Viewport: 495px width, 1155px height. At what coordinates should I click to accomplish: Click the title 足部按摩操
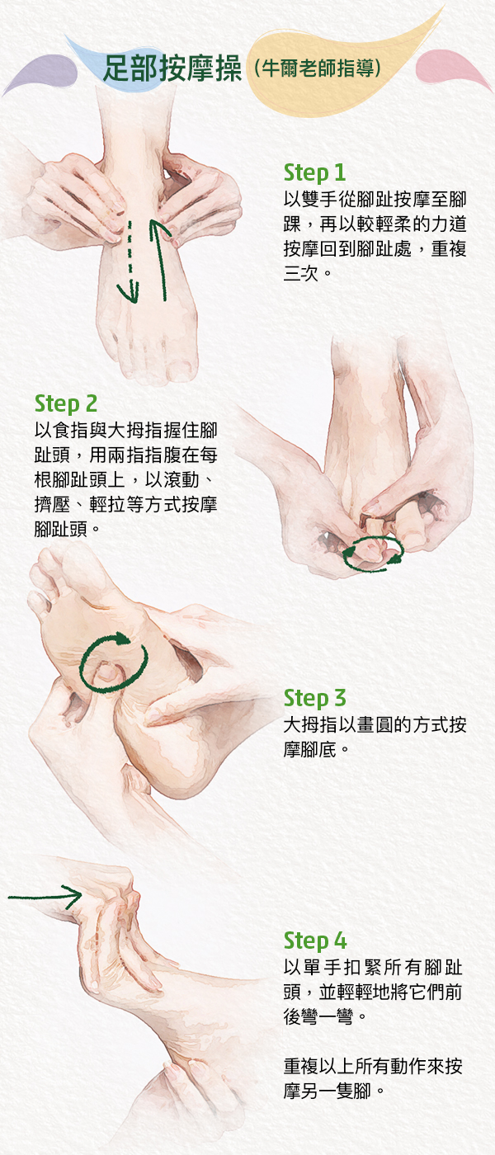(172, 68)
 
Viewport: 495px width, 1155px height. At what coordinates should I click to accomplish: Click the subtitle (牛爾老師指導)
(318, 68)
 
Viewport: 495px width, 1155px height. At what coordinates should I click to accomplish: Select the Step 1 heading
(314, 173)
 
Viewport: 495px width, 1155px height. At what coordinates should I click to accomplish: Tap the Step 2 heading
(65, 404)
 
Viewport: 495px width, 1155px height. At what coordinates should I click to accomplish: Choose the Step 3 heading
(314, 698)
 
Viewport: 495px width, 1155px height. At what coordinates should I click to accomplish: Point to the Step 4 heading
(315, 940)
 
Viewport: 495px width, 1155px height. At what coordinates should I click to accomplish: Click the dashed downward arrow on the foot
(130, 262)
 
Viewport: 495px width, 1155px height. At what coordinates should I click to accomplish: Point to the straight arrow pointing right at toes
(45, 898)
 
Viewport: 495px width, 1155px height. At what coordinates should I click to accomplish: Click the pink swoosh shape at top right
(454, 69)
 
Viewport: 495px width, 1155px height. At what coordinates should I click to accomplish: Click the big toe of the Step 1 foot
(181, 364)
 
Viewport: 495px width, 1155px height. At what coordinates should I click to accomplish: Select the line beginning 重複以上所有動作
(373, 1066)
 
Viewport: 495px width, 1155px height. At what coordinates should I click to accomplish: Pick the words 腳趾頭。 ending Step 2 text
(67, 529)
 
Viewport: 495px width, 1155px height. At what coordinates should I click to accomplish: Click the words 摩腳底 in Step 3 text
(310, 749)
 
